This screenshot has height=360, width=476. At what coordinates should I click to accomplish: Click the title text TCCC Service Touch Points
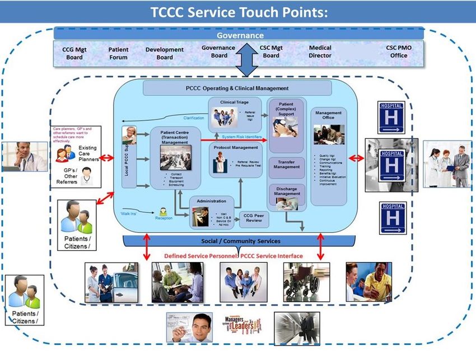[239, 12]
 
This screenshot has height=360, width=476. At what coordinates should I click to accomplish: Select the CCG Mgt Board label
[74, 53]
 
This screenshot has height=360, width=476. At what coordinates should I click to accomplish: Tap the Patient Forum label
[118, 53]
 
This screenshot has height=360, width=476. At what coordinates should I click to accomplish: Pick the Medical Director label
[320, 52]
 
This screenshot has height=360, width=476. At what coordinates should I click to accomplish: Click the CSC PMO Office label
[399, 52]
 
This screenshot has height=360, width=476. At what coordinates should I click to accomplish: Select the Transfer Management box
[286, 163]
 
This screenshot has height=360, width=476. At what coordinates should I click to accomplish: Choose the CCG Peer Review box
[255, 218]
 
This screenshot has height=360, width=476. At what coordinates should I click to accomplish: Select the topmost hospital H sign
[391, 118]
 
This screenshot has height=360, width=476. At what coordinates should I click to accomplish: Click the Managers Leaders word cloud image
[242, 326]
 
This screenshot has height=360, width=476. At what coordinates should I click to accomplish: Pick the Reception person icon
[163, 212]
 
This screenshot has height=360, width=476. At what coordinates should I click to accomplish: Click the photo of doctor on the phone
[24, 156]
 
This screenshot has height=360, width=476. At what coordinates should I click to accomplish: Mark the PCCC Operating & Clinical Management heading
[237, 88]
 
